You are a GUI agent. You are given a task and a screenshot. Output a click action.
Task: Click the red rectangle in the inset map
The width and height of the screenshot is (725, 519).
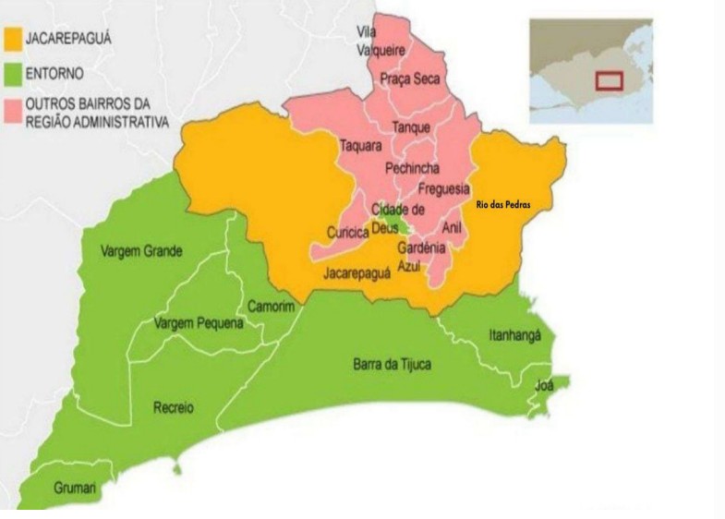[609, 79]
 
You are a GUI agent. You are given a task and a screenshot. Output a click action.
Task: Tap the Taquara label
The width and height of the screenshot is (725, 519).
[360, 146]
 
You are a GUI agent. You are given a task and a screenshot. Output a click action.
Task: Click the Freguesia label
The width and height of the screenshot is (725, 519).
[444, 188]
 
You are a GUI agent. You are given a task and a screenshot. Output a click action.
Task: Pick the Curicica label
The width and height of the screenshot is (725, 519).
[347, 232]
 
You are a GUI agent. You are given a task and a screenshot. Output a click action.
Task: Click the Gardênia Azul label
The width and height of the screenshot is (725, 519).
[421, 256]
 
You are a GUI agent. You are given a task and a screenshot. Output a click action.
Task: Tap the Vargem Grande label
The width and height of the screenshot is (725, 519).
[142, 250]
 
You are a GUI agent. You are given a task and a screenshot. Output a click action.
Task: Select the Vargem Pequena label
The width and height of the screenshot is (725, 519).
[198, 323]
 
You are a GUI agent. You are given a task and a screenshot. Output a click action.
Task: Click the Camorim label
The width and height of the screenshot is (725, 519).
[271, 306]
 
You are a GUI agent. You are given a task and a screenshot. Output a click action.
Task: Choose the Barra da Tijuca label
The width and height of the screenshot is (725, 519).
[392, 364]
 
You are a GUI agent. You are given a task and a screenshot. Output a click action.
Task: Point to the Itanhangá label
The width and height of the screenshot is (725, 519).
[514, 337]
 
